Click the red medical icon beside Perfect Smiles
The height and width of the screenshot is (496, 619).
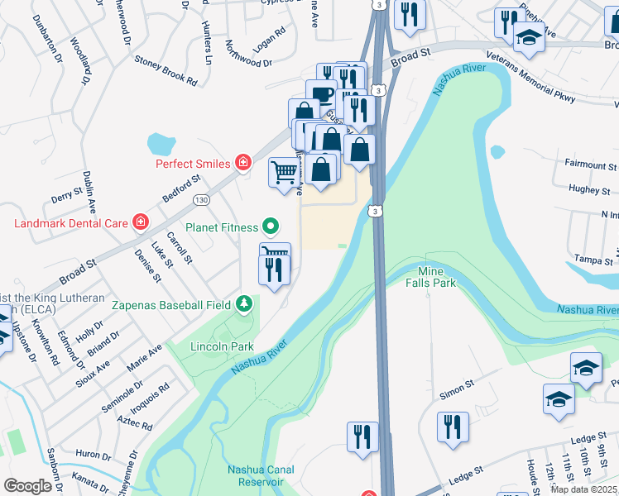point(243,163)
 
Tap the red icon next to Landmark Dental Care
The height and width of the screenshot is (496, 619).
point(141,222)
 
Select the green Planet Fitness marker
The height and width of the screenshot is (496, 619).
point(270,226)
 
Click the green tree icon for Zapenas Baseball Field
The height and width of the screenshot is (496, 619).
point(243,305)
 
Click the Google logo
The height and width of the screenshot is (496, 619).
point(27,486)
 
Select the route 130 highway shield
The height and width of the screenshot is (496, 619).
point(201,200)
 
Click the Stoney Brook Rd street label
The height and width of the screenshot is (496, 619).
point(166,71)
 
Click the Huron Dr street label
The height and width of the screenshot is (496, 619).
point(94,455)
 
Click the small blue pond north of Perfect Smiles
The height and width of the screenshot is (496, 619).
point(162,144)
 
